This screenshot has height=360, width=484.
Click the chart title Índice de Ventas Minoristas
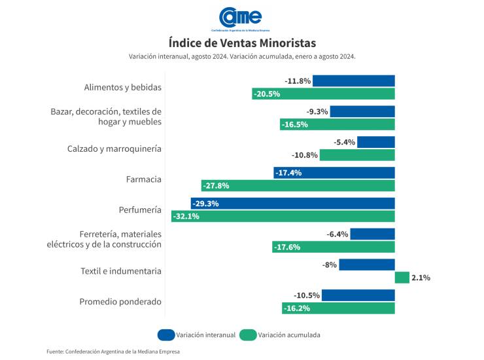[242, 43]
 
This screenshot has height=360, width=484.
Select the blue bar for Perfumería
[293, 204]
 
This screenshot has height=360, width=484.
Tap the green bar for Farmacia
[298, 186]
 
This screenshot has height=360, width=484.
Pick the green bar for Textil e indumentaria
[402, 278]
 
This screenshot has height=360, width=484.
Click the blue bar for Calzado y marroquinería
[376, 142]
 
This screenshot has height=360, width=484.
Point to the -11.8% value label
[298, 81]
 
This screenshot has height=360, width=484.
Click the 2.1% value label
[421, 278]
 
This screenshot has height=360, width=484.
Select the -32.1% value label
[186, 217]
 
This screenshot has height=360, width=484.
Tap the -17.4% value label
[289, 173]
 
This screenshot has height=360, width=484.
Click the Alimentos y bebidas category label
[123, 88]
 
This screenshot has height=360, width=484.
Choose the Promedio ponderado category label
[120, 302]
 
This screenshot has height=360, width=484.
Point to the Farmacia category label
[143, 179]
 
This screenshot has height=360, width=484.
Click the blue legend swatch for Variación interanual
[166, 335]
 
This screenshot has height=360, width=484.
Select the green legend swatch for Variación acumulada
[248, 335]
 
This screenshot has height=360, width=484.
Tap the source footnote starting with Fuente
[112, 351]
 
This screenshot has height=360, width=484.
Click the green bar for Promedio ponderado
[339, 308]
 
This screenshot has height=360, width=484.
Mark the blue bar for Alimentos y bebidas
[354, 81]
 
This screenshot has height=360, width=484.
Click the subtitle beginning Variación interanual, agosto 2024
[242, 58]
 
